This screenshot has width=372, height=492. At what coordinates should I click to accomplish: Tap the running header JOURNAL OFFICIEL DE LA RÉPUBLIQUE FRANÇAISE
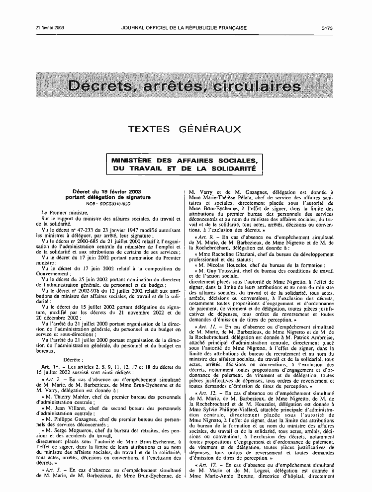point(184,28)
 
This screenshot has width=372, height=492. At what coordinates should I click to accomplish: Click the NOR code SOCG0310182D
point(112,204)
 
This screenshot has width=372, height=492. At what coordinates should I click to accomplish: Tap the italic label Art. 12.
point(206,393)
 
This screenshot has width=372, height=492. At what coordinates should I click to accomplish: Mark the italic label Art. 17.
point(206,464)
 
